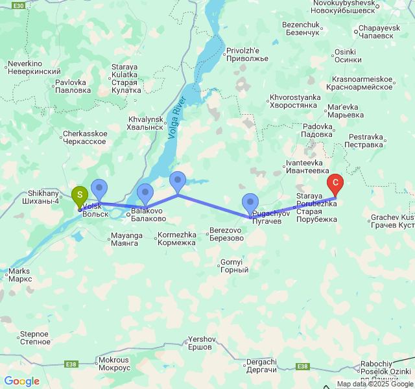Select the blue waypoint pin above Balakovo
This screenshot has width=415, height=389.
click(145, 193)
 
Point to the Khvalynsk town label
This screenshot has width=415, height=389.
click(146, 123)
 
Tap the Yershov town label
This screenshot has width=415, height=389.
click(200, 343)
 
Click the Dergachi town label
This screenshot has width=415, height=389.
click(262, 366)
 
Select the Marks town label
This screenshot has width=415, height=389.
click(20, 275)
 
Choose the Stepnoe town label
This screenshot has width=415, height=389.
click(34, 338)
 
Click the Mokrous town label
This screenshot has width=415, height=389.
click(113, 363)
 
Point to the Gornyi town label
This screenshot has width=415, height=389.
click(231, 265)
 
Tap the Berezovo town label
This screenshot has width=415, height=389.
click(226, 234)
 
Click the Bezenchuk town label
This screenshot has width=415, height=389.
click(302, 29)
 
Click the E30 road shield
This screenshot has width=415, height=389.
click(19, 5)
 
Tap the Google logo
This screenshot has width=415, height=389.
click(21, 381)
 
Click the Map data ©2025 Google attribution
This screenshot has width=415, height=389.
click(375, 384)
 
